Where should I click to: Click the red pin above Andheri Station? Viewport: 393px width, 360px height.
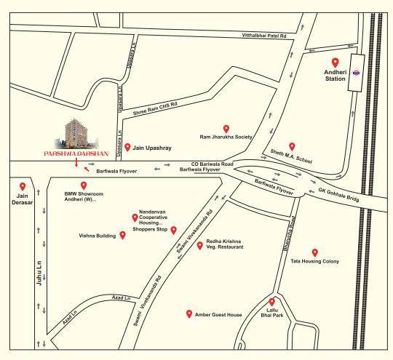tap(336, 62)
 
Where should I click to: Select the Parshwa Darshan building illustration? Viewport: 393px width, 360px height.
tap(76, 132)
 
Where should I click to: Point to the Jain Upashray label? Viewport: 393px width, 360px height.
tap(152, 148)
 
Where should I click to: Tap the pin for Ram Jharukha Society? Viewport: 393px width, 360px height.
tap(226, 128)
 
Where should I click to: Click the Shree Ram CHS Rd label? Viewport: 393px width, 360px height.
tap(155, 111)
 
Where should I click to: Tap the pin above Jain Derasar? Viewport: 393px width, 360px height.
tap(23, 186)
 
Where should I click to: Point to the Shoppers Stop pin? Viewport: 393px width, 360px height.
tap(174, 230)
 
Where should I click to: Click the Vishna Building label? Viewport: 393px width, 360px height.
tap(98, 236)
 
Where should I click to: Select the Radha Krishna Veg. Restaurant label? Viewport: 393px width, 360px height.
tap(224, 244)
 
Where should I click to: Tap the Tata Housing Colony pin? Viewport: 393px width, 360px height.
tap(314, 252)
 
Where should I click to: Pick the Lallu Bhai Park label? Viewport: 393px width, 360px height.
tap(273, 313)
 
